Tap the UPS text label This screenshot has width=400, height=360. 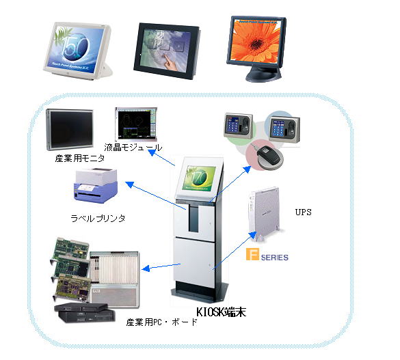coord(302,212)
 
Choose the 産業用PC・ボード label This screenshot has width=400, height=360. coord(161,321)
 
